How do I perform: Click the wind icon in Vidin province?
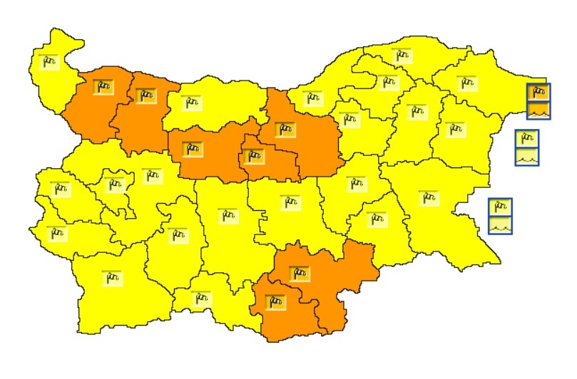point(50,61)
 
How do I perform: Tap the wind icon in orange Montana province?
point(103,88)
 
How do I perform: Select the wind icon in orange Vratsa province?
point(145,95)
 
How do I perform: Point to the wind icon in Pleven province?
point(191,103)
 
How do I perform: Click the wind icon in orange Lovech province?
point(191,149)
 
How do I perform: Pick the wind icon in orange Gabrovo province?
point(252,156)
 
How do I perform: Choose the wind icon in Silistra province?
point(402,56)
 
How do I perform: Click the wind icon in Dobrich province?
point(466,83)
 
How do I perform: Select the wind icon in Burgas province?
point(428,197)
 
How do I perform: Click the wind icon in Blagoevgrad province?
point(111,278)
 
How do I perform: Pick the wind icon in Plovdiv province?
point(227,214)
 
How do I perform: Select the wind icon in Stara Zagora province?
point(290,202)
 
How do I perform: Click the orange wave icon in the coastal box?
point(538,110)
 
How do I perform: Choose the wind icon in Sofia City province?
point(113,185)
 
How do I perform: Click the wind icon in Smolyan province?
point(201,297)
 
